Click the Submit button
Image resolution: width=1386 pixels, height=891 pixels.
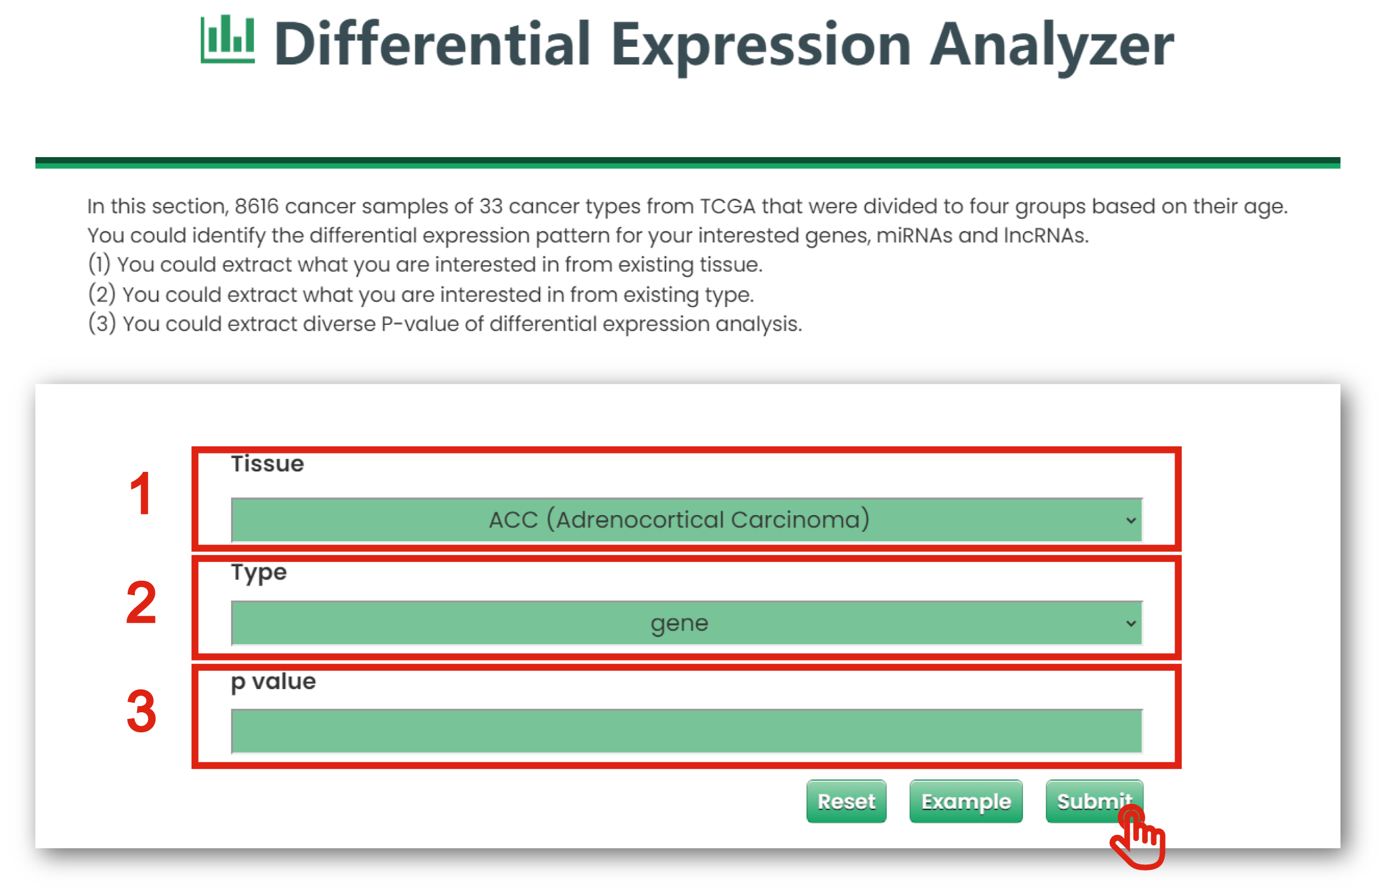coord(1094,801)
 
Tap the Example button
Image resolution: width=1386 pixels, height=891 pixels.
coord(965,801)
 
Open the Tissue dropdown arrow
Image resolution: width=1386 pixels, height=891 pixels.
coord(1131,520)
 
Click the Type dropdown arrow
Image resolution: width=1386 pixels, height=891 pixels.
coord(1131,623)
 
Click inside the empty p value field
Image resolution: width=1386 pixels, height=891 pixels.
coord(687,731)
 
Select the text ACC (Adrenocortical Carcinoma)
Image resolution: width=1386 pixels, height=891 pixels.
coord(679,520)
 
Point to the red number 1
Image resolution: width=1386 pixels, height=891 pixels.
coord(141,494)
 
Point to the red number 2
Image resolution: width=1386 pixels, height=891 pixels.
coord(141,602)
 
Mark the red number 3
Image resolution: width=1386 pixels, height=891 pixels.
coord(141,711)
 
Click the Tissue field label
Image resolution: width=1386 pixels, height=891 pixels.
coord(267,464)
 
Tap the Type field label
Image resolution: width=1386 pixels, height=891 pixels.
coord(259,573)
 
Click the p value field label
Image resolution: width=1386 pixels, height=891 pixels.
coord(273,682)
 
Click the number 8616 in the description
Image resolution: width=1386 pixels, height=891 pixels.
coord(256,206)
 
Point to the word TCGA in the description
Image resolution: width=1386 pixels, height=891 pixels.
coord(727,206)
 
